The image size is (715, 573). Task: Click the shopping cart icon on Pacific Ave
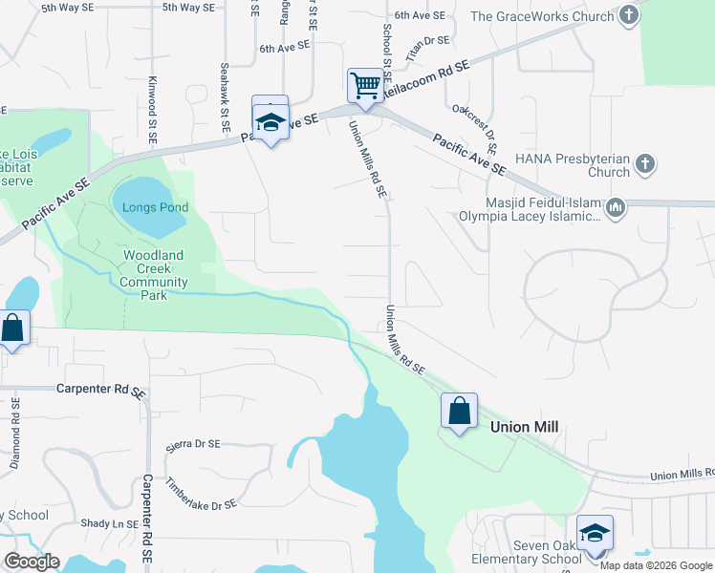pos(365,85)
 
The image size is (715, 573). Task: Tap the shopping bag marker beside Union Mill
pos(459,411)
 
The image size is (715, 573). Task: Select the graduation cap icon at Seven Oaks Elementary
pos(594,533)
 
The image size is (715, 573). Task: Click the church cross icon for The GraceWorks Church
pos(628,15)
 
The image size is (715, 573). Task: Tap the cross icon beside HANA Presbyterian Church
pos(645,162)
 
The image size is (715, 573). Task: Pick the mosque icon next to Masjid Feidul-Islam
pos(617,207)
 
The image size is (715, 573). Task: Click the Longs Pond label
pos(155,207)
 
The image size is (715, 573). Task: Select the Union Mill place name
pos(524,428)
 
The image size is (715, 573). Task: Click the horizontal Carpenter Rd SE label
pos(100,391)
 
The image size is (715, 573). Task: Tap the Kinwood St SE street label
pos(151,111)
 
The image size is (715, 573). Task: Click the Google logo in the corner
pos(32,562)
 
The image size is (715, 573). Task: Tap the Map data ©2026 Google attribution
pos(655,564)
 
